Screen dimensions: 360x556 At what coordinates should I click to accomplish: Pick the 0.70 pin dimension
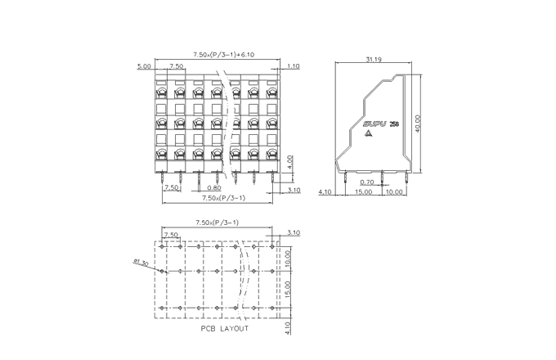366,182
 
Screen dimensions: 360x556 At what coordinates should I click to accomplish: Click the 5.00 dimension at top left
144,65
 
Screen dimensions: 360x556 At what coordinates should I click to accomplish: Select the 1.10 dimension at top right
293,65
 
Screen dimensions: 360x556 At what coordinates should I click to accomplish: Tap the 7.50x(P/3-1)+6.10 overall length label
216,54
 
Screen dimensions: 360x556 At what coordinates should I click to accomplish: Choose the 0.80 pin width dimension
214,187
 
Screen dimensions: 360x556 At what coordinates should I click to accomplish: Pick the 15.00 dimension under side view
364,192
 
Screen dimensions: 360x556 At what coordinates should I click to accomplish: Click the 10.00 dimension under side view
394,192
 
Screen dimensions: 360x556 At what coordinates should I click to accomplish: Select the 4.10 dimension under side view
325,192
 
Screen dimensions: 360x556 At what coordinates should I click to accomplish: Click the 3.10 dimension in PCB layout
294,233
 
